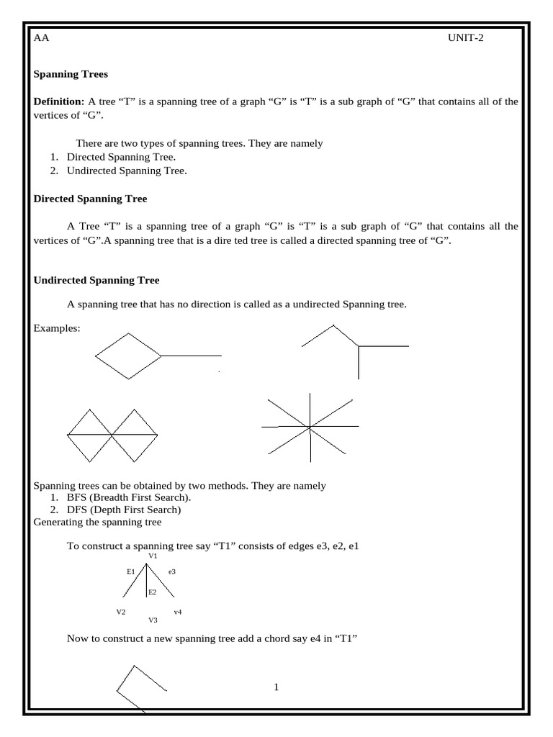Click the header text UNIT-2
[466, 38]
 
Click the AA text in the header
[42, 38]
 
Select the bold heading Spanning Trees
[71, 73]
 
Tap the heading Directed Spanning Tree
[91, 199]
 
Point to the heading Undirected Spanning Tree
[96, 280]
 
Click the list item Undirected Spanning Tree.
[127, 171]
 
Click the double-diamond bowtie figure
[112, 435]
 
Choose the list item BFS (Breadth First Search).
[130, 497]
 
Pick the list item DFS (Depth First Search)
[123, 510]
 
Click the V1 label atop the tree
[153, 556]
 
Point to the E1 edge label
[131, 571]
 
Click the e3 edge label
[172, 571]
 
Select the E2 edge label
[153, 592]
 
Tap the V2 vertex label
[121, 612]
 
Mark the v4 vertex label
[177, 612]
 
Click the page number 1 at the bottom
[276, 687]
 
